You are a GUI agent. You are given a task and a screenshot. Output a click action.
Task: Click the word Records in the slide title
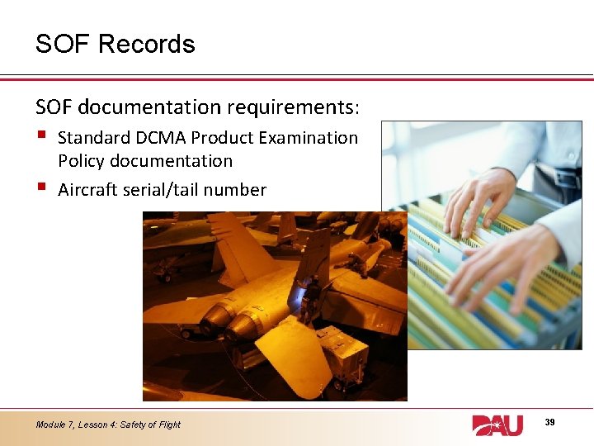click(146, 44)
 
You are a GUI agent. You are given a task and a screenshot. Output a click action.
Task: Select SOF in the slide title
click(63, 44)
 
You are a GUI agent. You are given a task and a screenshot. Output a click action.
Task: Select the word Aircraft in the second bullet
click(87, 190)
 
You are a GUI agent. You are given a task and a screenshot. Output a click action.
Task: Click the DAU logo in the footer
click(497, 425)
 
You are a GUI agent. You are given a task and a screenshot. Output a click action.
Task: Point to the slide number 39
click(550, 422)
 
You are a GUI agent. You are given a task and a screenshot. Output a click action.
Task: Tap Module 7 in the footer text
click(54, 425)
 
